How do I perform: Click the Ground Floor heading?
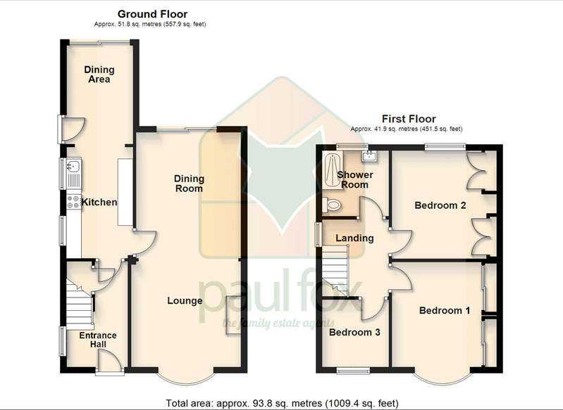153,14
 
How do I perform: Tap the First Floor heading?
409,119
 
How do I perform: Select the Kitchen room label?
99,202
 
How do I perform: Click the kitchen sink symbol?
73,167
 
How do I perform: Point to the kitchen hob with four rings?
73,201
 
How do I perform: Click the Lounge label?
185,301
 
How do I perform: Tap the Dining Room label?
189,184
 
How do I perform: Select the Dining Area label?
99,74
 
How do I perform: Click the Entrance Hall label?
98,340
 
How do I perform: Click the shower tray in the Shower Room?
332,170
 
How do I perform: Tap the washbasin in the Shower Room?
369,156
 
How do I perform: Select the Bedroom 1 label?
445,310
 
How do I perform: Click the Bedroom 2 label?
440,205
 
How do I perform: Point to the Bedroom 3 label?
354,332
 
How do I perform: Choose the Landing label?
354,238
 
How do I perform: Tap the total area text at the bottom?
283,404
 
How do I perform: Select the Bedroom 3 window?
353,371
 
